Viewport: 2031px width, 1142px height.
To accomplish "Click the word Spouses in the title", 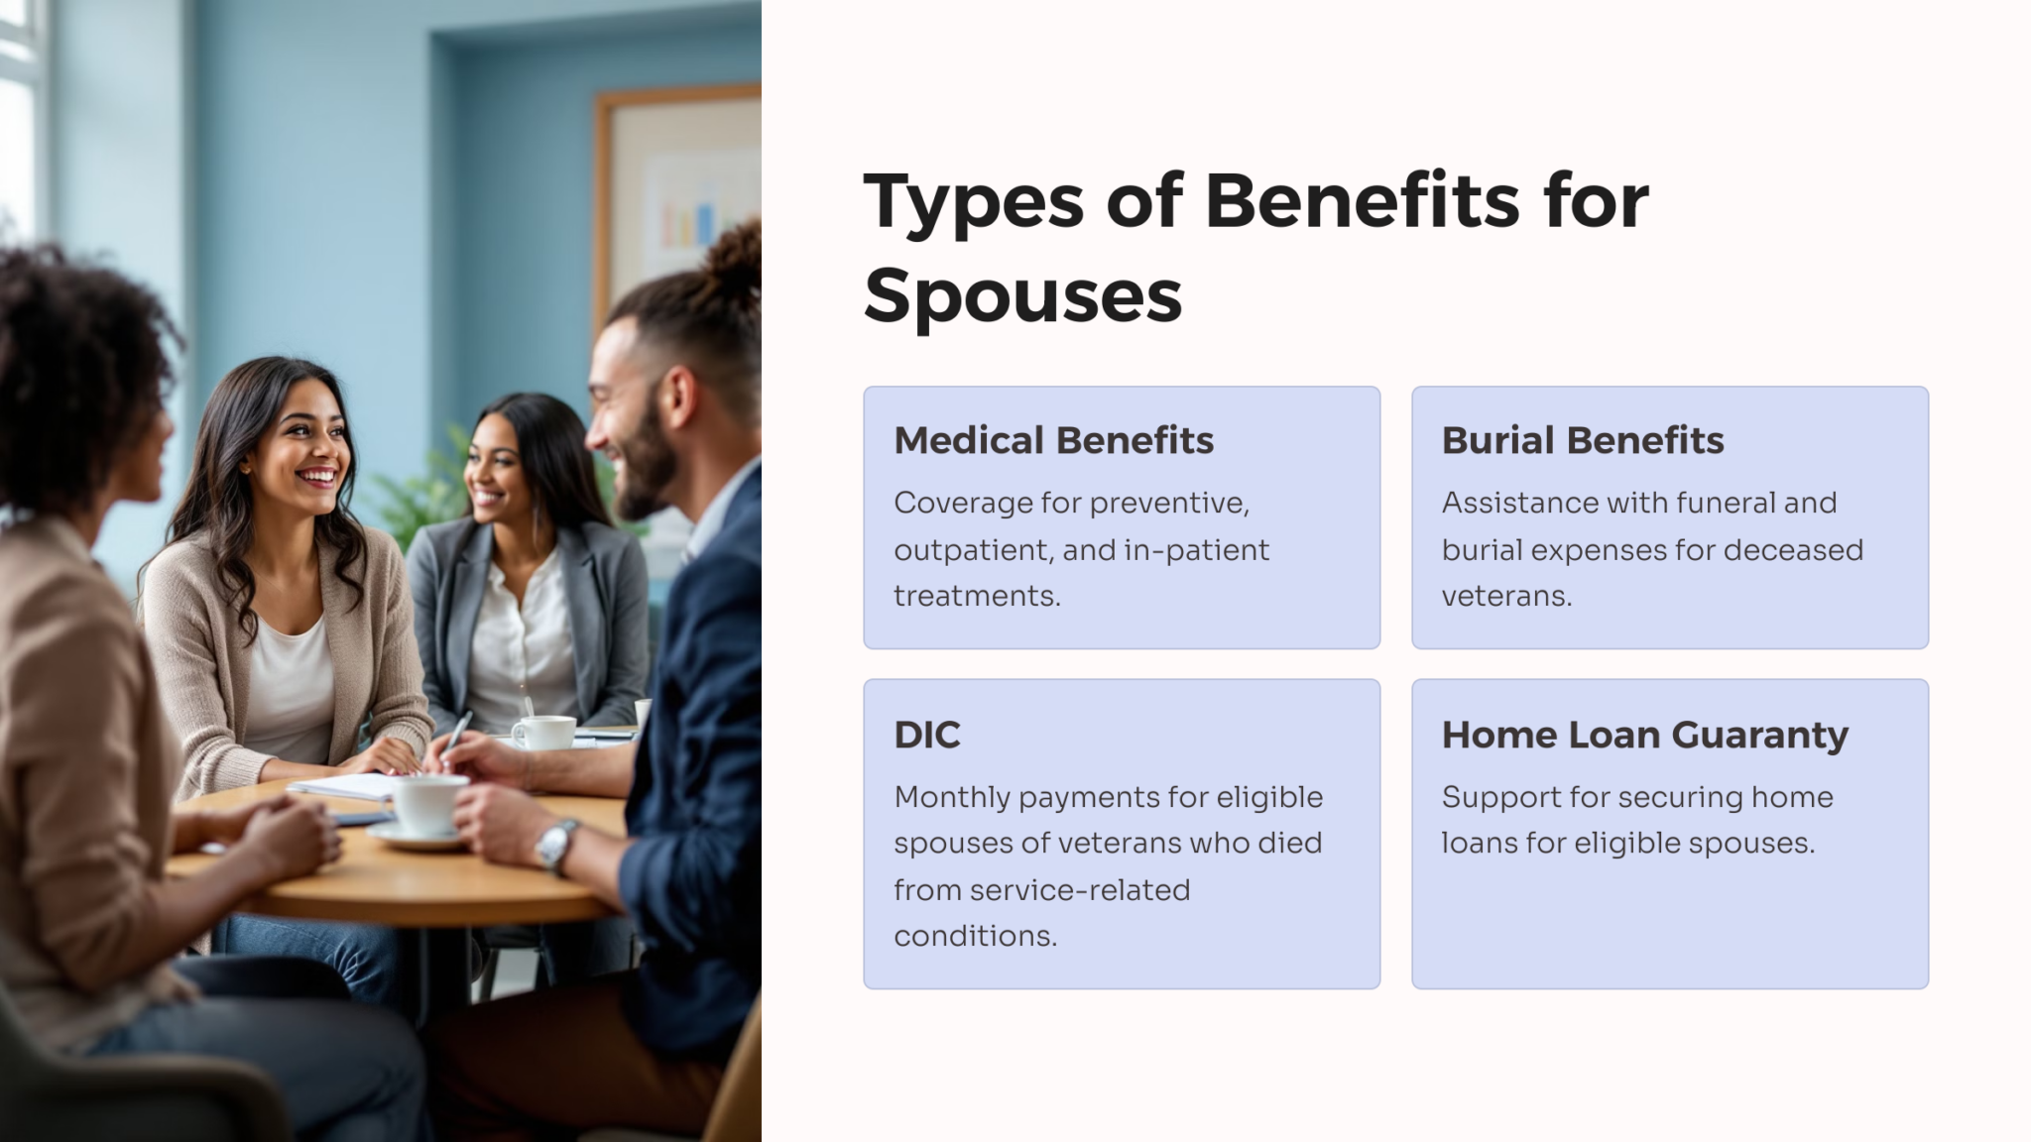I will pyautogui.click(x=1022, y=294).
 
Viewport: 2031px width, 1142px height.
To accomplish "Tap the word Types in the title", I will pyautogui.click(x=973, y=202).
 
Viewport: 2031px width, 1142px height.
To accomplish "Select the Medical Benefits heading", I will pyautogui.click(x=1053, y=440).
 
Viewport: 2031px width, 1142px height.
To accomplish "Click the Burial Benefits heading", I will pyautogui.click(x=1582, y=440).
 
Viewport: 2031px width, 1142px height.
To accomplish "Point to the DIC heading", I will pyautogui.click(x=926, y=735).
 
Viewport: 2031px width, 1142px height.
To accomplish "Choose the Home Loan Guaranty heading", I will pyautogui.click(x=1644, y=735).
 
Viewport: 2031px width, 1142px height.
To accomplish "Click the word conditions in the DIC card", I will pyautogui.click(x=975, y=936).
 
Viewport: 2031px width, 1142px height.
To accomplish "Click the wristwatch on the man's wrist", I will pyautogui.click(x=556, y=844).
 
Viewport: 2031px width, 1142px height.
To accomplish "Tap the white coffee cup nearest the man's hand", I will pyautogui.click(x=428, y=803).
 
